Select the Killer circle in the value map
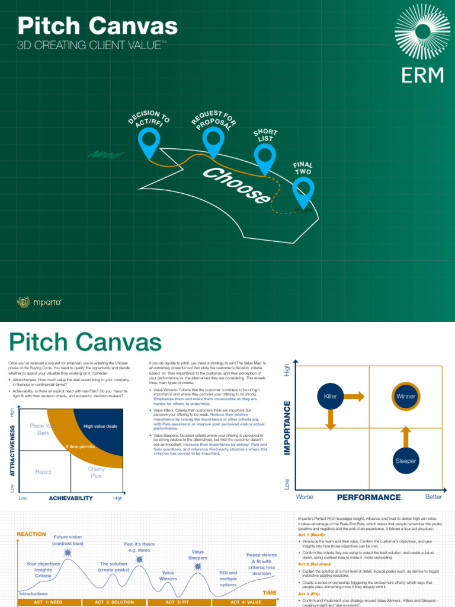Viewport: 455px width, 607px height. coord(331,396)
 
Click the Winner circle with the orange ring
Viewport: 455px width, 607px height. coord(406,396)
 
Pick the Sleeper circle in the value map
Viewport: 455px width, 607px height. coord(406,461)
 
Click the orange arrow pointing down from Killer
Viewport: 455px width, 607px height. coord(331,420)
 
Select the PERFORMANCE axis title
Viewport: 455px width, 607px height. coord(369,497)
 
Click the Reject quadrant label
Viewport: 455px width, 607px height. coord(43,472)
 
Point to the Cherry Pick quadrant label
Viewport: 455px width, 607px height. coord(96,472)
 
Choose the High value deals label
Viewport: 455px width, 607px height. coord(100,426)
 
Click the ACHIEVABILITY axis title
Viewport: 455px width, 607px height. coord(71,499)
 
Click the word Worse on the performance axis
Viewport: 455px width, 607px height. coord(305,497)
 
